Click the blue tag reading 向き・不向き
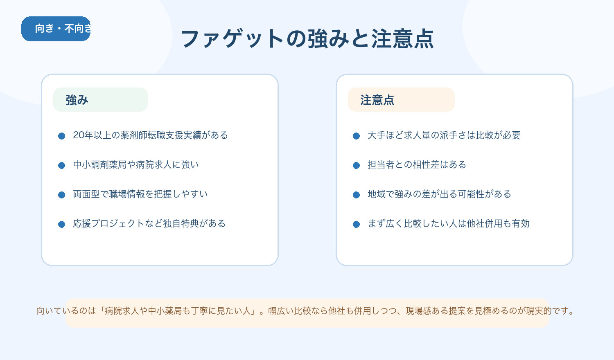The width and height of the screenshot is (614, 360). pyautogui.click(x=56, y=29)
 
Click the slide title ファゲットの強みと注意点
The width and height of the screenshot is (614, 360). pyautogui.click(x=307, y=39)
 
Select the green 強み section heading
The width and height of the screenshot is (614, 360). pyautogui.click(x=100, y=99)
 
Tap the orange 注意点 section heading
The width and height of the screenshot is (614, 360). pyautogui.click(x=401, y=99)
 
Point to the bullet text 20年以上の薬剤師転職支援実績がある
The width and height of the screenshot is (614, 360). pyautogui.click(x=150, y=135)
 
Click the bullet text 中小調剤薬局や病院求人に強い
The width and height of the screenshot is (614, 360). pyautogui.click(x=136, y=165)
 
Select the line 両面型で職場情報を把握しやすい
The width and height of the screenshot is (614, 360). pyautogui.click(x=140, y=194)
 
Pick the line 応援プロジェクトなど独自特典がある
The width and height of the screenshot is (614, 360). pyautogui.click(x=149, y=224)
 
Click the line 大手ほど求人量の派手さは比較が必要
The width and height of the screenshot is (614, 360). pyautogui.click(x=444, y=135)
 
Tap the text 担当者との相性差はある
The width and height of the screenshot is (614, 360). pyautogui.click(x=417, y=165)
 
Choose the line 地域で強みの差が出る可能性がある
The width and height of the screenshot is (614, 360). pyautogui.click(x=440, y=194)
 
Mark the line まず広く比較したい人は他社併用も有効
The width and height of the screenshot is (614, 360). pyautogui.click(x=449, y=224)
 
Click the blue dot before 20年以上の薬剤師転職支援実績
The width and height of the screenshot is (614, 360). pyautogui.click(x=61, y=136)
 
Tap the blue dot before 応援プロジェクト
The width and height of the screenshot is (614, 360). pyautogui.click(x=61, y=224)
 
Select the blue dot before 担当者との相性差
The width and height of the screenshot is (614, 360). pyautogui.click(x=356, y=165)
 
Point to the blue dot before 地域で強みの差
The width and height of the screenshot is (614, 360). pyautogui.click(x=356, y=195)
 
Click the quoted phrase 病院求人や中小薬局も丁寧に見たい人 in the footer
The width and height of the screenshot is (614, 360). pyautogui.click(x=178, y=311)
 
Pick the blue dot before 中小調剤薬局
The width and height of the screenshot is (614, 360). pyautogui.click(x=61, y=165)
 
